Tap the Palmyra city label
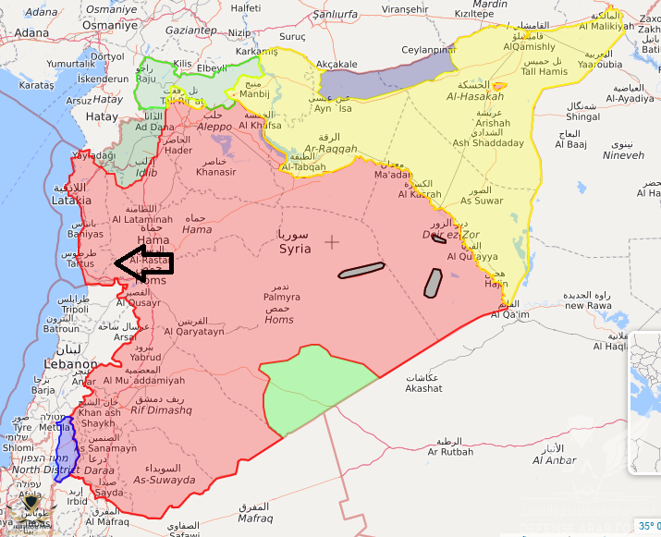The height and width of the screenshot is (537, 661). tap(280, 298)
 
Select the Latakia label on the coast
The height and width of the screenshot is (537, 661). tap(71, 200)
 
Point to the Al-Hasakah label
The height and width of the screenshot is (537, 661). tap(475, 96)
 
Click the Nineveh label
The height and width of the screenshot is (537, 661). tap(622, 155)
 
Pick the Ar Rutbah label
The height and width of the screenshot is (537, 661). tap(450, 451)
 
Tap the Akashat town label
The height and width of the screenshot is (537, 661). tap(423, 389)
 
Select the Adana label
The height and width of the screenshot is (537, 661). tap(31, 31)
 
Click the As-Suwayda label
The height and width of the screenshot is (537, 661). tap(165, 480)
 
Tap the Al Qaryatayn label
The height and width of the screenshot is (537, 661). tap(190, 331)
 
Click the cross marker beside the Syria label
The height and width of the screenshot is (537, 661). tap(332, 242)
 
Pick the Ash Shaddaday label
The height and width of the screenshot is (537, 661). tap(488, 143)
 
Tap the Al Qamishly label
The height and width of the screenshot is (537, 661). tap(530, 46)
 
